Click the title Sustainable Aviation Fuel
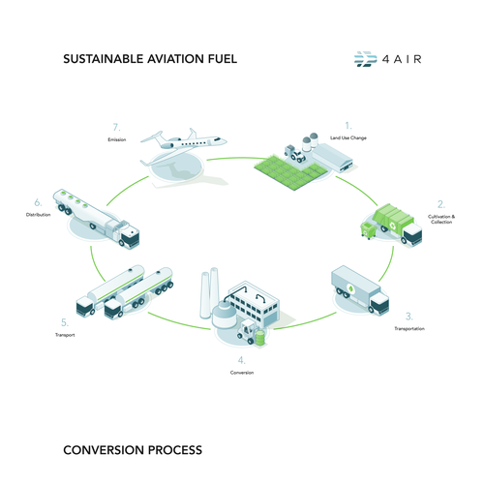[149, 59]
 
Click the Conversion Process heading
[132, 450]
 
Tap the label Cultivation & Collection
[439, 219]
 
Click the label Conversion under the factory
[242, 372]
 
